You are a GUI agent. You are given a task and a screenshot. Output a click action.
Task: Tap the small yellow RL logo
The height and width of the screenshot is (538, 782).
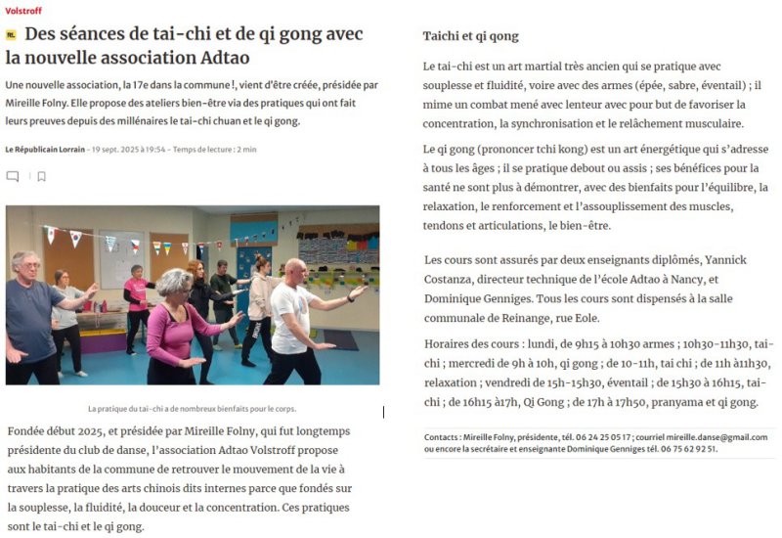(11, 34)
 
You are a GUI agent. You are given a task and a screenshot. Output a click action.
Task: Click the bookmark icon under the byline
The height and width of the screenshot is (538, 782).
(41, 177)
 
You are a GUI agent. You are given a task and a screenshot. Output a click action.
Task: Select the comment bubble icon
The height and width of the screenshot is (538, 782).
(13, 177)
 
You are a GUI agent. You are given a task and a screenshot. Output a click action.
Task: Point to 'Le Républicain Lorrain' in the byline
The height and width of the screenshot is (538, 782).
(45, 149)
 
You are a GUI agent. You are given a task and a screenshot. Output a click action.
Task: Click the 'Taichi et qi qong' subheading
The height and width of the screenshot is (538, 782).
(470, 36)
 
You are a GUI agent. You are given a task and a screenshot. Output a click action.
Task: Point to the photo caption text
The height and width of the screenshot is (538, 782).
(192, 409)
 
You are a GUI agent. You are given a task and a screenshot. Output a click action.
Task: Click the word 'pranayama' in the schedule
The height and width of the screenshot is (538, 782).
(648, 402)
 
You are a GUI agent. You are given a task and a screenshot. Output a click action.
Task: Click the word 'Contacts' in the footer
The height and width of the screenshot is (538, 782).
(444, 437)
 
